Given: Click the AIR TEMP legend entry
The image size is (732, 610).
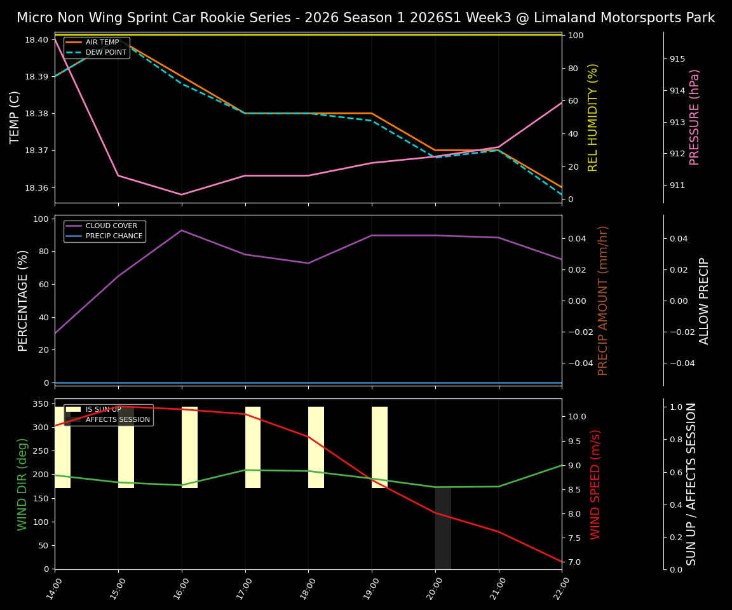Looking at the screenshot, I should click(x=102, y=43).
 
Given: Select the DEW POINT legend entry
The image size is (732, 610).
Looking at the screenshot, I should click(x=105, y=53).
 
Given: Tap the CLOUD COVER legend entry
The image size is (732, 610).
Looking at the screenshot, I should click(x=111, y=226).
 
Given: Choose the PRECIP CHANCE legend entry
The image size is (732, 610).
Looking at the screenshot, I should click(x=114, y=236).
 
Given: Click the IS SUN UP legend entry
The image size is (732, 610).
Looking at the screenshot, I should click(x=103, y=409).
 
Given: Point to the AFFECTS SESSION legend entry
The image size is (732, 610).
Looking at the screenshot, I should click(x=118, y=419).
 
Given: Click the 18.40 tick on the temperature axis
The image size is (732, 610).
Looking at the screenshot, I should click(x=36, y=39).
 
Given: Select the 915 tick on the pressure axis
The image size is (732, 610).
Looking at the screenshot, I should click(x=677, y=59).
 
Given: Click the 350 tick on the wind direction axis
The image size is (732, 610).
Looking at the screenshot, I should click(x=40, y=403).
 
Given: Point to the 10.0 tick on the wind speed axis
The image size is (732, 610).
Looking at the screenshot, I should click(x=578, y=417).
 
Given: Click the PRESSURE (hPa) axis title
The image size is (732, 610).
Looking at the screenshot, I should click(x=695, y=117).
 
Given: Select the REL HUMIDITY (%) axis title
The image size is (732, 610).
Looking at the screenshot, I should click(x=593, y=117).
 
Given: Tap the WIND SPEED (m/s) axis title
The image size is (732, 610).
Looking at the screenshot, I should click(x=595, y=484).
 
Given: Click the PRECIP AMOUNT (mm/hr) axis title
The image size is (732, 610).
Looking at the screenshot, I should click(x=603, y=300).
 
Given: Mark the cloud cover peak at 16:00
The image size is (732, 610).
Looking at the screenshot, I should click(x=182, y=230).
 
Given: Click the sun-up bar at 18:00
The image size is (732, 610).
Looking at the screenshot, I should click(x=316, y=447).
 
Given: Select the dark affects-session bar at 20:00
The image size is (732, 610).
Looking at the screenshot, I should click(x=443, y=527).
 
